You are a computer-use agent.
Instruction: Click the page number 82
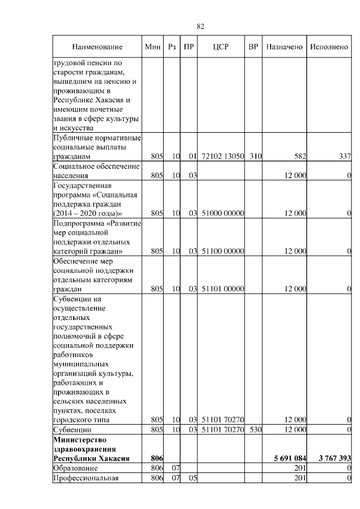click(200, 26)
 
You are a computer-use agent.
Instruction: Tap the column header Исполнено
click(329, 47)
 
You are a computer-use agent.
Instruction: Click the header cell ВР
click(254, 47)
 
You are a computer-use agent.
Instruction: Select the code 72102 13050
click(223, 156)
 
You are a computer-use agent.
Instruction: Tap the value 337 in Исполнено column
click(344, 156)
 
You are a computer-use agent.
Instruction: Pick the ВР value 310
click(255, 156)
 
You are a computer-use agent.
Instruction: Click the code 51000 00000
click(223, 213)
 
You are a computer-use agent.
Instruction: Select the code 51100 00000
click(223, 251)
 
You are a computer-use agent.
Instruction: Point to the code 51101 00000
click(223, 289)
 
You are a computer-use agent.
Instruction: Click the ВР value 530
click(255, 430)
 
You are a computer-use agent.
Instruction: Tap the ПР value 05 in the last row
click(191, 478)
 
